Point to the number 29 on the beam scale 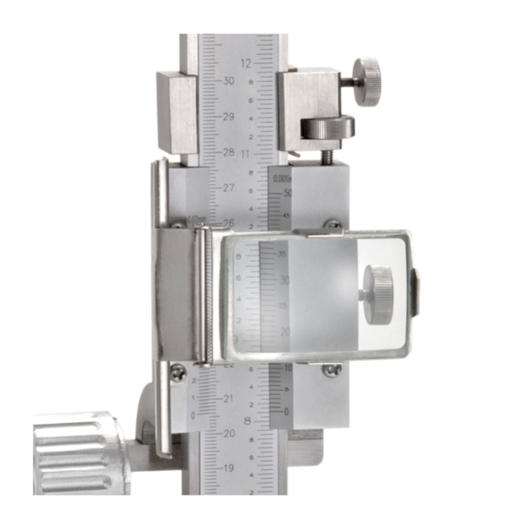[x=229, y=117]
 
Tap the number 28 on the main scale [x=229, y=152]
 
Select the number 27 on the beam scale [x=229, y=187]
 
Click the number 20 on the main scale [x=229, y=434]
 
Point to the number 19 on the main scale [x=229, y=469]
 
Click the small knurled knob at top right [x=369, y=81]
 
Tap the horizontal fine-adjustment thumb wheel [x=327, y=127]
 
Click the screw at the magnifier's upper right [x=332, y=224]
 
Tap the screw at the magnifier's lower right [x=331, y=370]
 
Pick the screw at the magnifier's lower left [x=177, y=371]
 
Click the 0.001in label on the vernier [x=282, y=178]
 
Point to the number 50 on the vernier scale [x=286, y=193]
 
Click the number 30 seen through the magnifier [x=284, y=280]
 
